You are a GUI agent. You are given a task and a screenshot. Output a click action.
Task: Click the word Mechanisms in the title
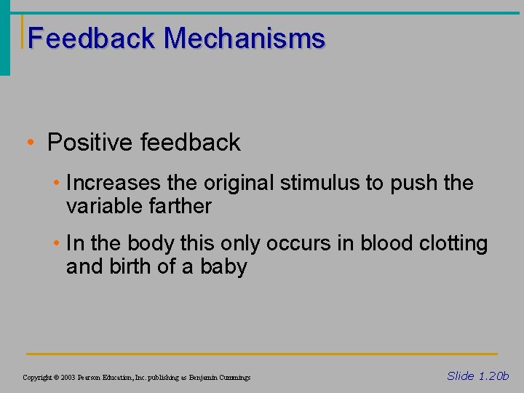(x=245, y=38)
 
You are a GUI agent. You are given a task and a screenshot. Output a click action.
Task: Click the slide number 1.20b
(x=493, y=376)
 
